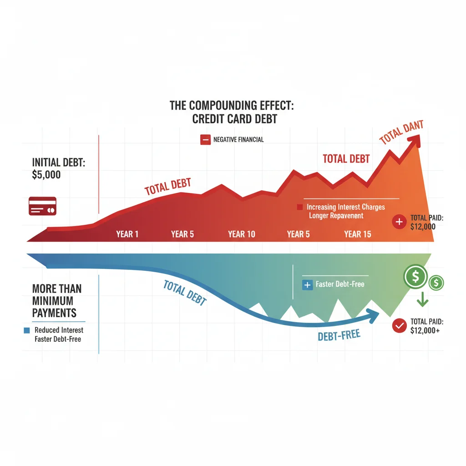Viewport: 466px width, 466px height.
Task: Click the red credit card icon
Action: tap(42, 206)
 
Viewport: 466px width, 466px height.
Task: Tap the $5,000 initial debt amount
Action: tap(46, 174)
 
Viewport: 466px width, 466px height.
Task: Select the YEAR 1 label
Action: tap(127, 234)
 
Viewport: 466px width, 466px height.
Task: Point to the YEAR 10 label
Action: tap(242, 234)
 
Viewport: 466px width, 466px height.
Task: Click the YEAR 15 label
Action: tap(358, 234)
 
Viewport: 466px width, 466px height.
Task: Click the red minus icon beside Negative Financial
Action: tap(205, 140)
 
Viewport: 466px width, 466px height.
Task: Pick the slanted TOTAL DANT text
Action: tap(402, 132)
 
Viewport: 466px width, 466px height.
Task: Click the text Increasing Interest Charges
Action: tap(346, 207)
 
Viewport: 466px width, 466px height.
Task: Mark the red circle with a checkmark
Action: tap(399, 325)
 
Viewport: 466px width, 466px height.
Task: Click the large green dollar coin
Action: tap(415, 276)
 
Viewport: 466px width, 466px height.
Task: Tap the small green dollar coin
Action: tap(436, 283)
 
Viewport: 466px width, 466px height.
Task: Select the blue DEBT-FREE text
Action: tap(339, 336)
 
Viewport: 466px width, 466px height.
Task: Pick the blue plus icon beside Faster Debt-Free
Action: tap(308, 284)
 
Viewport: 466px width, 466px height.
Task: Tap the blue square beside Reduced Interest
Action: tap(26, 330)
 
